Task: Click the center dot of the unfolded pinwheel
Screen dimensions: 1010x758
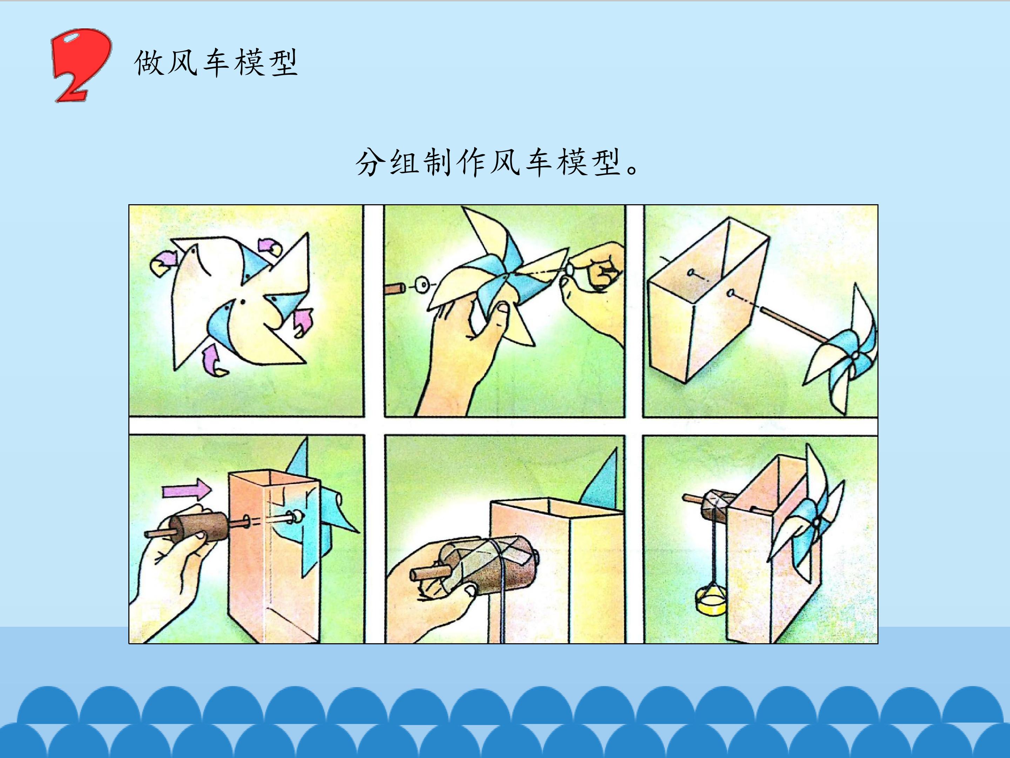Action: pos(243,301)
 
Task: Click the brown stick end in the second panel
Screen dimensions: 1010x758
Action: pos(395,289)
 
